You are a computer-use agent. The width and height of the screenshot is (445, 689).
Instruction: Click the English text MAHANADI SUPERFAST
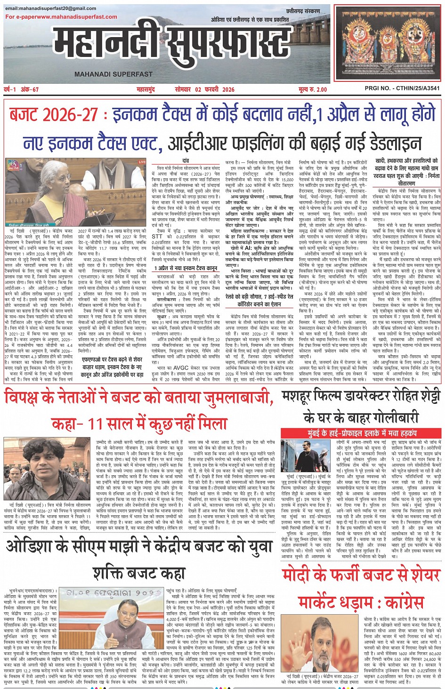point(113,74)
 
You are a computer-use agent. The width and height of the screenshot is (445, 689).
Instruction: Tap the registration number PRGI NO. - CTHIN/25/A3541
point(402,88)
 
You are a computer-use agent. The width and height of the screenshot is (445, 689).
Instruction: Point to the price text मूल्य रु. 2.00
point(312,89)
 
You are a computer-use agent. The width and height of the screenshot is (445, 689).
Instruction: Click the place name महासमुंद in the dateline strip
point(146,89)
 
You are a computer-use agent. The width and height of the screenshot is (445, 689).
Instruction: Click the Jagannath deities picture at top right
point(388,41)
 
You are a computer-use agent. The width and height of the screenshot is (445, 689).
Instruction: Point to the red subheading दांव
point(186,161)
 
